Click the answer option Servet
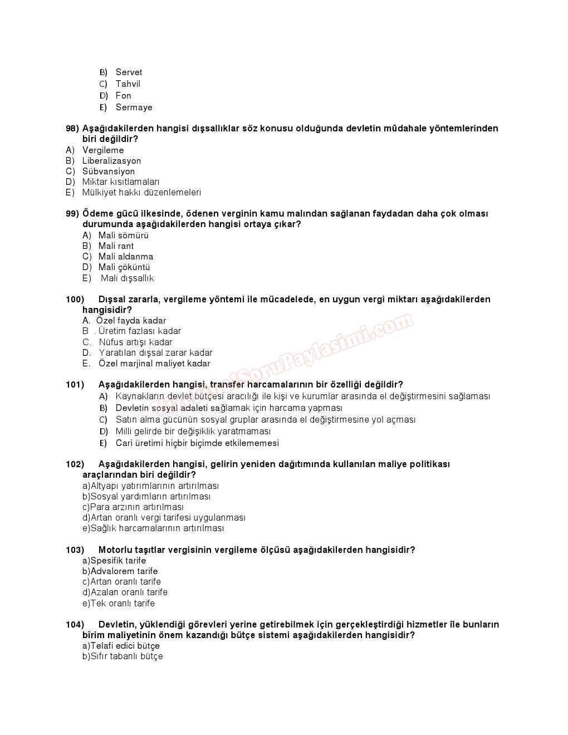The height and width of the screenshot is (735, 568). pyautogui.click(x=129, y=72)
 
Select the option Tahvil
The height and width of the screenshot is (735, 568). pyautogui.click(x=128, y=84)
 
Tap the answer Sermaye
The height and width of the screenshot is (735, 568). pyautogui.click(x=134, y=107)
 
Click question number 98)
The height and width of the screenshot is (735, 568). pyautogui.click(x=72, y=129)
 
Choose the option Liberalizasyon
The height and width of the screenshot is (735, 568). pyautogui.click(x=111, y=161)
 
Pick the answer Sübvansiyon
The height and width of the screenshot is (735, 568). pyautogui.click(x=108, y=171)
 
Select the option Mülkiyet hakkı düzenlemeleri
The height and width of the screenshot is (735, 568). pyautogui.click(x=141, y=193)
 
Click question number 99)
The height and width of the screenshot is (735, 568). pyautogui.click(x=72, y=214)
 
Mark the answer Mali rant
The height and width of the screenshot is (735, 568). pyautogui.click(x=116, y=246)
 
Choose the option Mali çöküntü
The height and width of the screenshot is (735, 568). pyautogui.click(x=124, y=267)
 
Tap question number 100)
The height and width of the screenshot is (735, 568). pyautogui.click(x=75, y=300)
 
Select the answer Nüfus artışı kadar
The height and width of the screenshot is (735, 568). pyautogui.click(x=135, y=342)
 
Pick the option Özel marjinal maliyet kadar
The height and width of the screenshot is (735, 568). pyautogui.click(x=154, y=364)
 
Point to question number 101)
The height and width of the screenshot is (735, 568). pyautogui.click(x=75, y=385)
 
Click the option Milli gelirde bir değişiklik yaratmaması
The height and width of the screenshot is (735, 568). pyautogui.click(x=193, y=432)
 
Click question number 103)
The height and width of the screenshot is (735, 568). pyautogui.click(x=75, y=550)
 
